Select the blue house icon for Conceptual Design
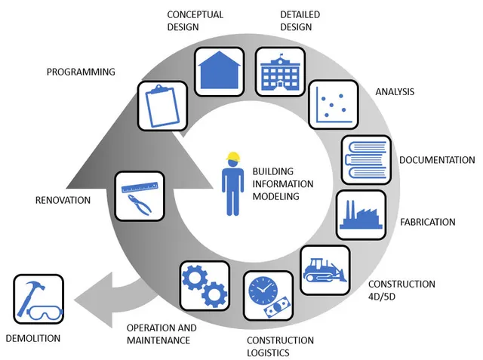219,71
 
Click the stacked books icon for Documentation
366,159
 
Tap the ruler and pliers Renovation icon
140,195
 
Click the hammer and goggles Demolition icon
37,300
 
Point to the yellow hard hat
233,158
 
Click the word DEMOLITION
32,338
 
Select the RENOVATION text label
63,200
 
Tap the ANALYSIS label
395,92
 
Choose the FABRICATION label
427,222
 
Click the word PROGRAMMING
81,72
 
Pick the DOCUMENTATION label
437,160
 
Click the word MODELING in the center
276,196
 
